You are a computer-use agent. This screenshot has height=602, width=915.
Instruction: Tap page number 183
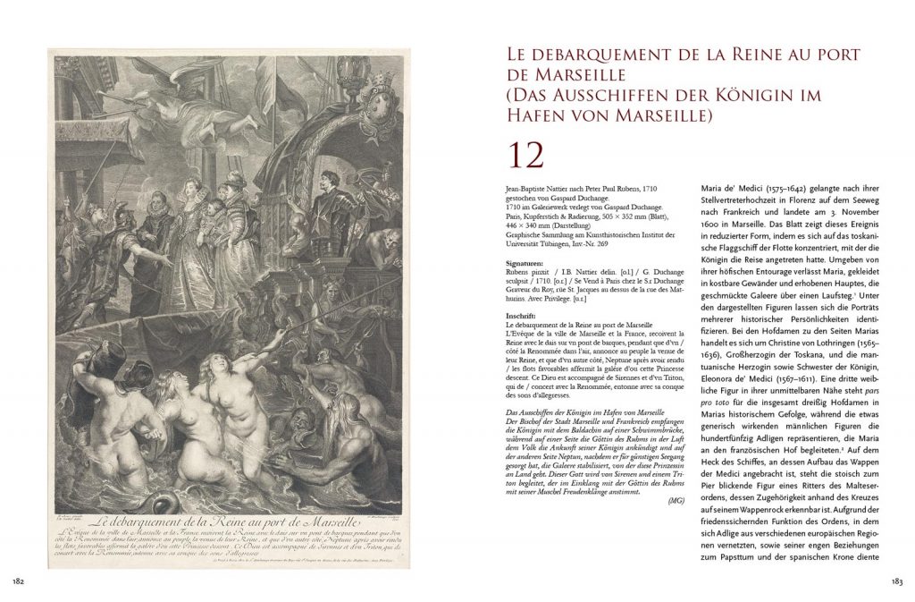pyautogui.click(x=897, y=583)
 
